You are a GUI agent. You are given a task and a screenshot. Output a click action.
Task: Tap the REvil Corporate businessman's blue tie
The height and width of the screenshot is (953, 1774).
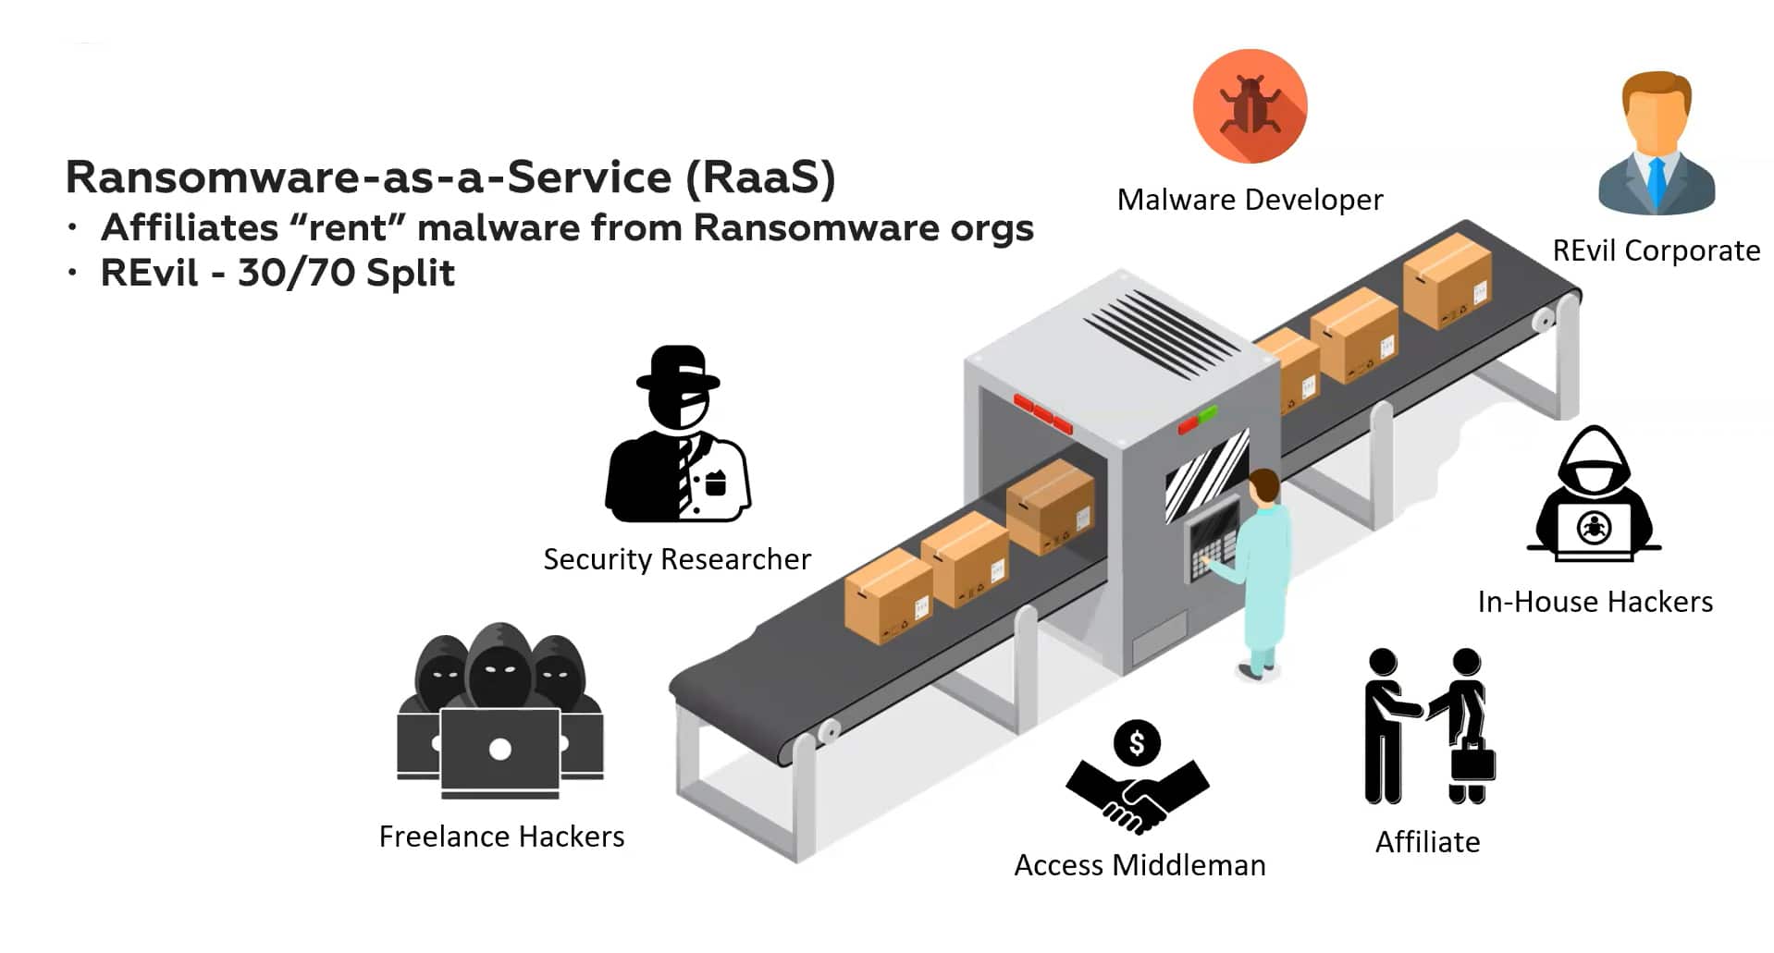(1656, 181)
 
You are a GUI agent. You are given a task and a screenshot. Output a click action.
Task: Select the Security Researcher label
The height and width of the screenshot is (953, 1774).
(676, 559)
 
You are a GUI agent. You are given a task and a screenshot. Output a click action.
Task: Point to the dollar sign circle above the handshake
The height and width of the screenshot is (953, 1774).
(1137, 742)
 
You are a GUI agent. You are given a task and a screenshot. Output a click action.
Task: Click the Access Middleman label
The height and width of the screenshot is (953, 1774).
(1140, 865)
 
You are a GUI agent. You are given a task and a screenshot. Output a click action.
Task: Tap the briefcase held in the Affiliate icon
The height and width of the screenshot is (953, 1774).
(1472, 764)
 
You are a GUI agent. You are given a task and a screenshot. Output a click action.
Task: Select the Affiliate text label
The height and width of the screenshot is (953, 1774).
(1427, 842)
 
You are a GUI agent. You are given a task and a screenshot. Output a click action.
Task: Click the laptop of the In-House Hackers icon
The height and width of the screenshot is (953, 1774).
(1594, 531)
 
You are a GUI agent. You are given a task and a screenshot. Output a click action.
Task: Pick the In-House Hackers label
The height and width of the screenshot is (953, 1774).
(1595, 602)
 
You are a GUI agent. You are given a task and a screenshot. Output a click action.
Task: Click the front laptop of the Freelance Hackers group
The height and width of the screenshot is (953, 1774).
(499, 749)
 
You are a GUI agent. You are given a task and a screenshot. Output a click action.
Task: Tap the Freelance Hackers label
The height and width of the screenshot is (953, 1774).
(501, 837)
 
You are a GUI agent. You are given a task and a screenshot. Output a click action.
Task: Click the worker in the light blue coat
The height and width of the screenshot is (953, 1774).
(1263, 573)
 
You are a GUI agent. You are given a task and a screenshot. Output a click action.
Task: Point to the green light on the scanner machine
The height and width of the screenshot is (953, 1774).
(1208, 414)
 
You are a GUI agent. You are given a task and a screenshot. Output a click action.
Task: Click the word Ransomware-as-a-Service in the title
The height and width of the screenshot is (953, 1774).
(368, 177)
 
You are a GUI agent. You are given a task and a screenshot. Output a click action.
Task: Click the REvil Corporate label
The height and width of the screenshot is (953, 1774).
(1656, 250)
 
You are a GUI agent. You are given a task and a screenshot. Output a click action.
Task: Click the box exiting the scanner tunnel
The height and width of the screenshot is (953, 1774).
(1050, 507)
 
